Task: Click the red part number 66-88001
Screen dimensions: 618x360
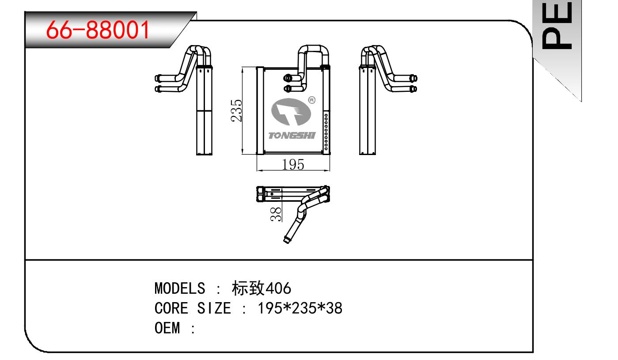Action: (98, 30)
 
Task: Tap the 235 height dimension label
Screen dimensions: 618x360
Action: (236, 110)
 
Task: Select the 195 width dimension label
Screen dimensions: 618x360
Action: (293, 164)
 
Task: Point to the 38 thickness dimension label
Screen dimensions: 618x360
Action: (276, 214)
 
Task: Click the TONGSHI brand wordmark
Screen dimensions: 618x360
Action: (292, 136)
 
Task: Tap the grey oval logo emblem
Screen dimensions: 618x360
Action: (291, 111)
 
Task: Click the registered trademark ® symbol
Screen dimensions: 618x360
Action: (312, 100)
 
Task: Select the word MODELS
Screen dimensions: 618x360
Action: (180, 288)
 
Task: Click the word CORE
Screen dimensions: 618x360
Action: (171, 308)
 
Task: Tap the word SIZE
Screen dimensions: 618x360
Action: (214, 308)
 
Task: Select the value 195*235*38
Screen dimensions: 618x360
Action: (300, 308)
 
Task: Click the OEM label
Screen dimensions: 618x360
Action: (167, 328)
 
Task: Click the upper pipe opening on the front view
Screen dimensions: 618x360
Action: (288, 78)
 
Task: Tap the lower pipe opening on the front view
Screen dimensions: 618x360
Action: (288, 88)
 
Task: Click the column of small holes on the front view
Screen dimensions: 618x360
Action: (326, 132)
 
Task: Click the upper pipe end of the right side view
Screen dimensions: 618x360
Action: (413, 78)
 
